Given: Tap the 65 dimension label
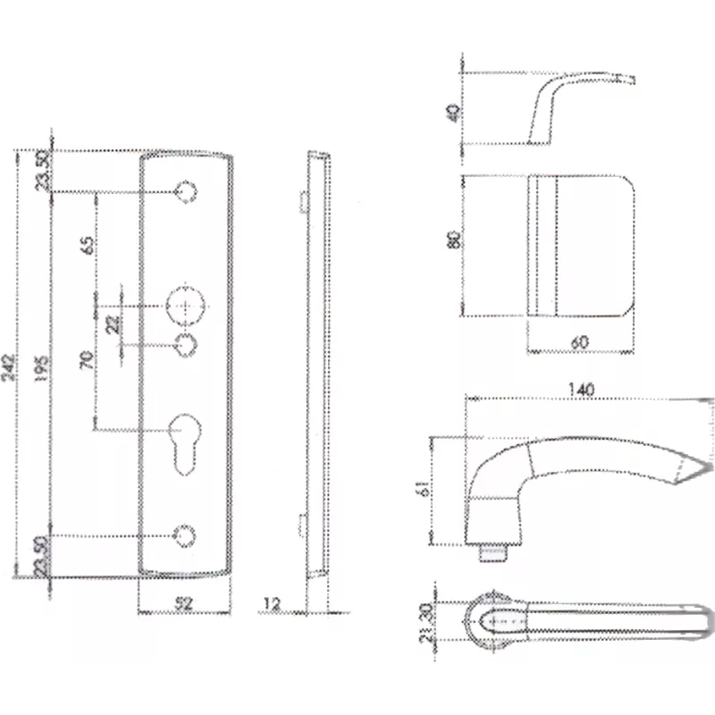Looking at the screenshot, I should tap(87, 243).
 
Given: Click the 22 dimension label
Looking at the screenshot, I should tap(114, 323).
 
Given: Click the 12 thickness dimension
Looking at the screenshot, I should tap(273, 604).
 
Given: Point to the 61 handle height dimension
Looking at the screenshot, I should tap(420, 490).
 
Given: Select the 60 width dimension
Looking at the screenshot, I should tap(580, 341).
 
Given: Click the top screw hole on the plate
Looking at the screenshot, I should tap(186, 191).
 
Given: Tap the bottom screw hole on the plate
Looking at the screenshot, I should tap(185, 534).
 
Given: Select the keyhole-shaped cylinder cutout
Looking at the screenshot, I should tap(186, 437).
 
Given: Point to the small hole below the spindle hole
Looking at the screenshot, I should tap(186, 344).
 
